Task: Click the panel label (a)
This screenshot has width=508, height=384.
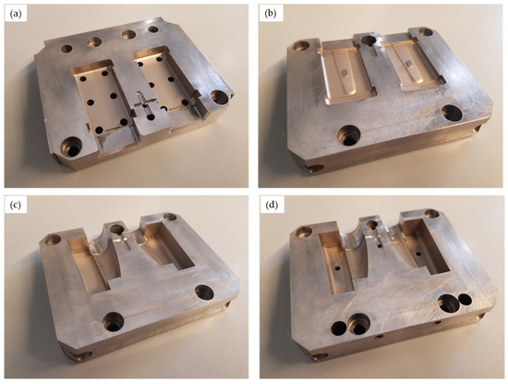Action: tap(16, 15)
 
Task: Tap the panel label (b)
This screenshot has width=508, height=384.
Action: tap(271, 14)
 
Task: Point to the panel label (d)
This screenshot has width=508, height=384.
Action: tap(272, 205)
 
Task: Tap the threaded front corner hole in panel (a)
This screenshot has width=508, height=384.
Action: tap(72, 147)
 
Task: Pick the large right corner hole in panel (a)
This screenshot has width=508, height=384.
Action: tap(220, 97)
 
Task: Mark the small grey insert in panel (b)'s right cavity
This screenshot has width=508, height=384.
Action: tap(408, 63)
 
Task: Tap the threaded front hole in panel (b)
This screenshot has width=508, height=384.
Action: tap(349, 135)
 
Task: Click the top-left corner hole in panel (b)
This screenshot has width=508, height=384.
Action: tap(302, 45)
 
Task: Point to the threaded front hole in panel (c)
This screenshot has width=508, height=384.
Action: tap(114, 321)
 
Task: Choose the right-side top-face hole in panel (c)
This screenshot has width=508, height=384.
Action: tap(204, 292)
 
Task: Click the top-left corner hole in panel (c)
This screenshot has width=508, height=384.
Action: tap(54, 240)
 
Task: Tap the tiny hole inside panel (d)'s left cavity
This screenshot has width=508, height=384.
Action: tap(337, 268)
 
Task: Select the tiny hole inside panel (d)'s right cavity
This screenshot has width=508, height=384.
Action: tap(418, 253)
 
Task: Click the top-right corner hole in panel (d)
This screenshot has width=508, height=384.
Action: tap(431, 214)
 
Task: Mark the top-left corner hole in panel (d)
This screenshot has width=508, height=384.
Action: tap(304, 231)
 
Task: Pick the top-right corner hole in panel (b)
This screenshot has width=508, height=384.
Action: tap(426, 31)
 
